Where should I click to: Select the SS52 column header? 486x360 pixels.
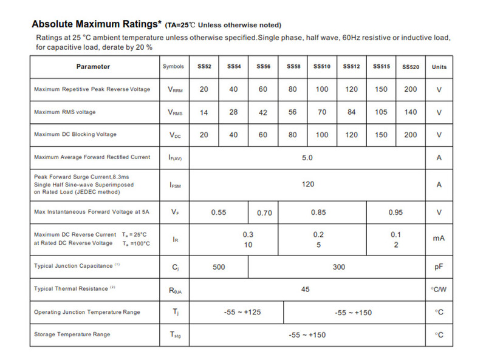204,66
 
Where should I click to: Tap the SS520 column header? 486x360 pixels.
411,67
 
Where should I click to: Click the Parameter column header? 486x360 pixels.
93,67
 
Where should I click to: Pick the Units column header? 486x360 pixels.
439,67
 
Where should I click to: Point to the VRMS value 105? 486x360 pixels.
381,112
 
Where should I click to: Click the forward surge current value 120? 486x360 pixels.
307,184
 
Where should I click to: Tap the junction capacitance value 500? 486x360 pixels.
219,266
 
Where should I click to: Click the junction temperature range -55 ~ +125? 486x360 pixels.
237,312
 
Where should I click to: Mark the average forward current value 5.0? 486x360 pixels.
307,157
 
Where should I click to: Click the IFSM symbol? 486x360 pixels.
175,185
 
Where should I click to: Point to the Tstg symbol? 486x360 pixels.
175,335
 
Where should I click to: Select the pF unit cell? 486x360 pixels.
439,266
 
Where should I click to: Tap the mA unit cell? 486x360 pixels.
439,239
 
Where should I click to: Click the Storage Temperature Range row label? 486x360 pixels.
72,335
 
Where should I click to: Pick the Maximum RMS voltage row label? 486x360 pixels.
65,112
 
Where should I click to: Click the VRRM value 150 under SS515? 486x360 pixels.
381,89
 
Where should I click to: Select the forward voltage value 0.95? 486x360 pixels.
395,212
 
